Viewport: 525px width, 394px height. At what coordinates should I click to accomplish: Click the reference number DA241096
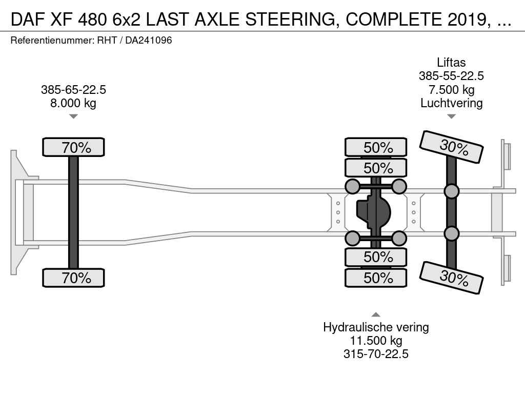point(149,40)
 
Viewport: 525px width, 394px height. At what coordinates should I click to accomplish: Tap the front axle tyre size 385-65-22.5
point(73,90)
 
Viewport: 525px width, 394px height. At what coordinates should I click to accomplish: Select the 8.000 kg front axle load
point(73,103)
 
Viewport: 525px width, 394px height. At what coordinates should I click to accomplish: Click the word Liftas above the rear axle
point(451,63)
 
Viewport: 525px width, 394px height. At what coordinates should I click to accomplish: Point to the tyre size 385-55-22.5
point(451,76)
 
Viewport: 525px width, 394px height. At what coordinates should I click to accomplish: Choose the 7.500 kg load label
point(451,89)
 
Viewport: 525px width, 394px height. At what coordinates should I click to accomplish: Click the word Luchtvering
point(451,103)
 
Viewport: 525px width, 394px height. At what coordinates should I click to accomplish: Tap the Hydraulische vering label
point(376,327)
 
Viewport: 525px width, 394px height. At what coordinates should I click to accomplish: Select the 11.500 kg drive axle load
point(376,341)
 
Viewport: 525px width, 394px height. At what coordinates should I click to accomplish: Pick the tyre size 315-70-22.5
point(376,354)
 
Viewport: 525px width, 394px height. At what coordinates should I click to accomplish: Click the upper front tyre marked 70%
point(73,148)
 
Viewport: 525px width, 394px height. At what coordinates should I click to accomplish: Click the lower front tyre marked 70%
point(73,278)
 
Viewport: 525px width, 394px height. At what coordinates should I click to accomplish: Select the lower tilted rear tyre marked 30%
point(452,278)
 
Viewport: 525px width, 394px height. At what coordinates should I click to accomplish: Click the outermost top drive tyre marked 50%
point(376,147)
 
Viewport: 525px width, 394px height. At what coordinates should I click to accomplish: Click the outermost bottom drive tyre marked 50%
point(376,278)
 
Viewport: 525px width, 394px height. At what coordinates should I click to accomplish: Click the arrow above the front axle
point(73,116)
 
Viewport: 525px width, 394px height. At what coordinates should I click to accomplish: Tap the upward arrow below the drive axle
point(376,314)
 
